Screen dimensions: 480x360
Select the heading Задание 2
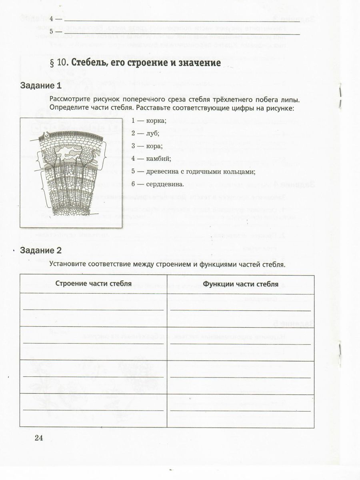pos(41,251)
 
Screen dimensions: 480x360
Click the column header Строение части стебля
pos(94,284)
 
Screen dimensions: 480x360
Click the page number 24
pos(39,438)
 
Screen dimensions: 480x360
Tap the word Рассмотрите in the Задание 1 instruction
pos(70,99)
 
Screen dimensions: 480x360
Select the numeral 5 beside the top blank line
pos(52,32)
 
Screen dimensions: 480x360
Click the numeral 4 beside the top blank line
pos(52,19)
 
